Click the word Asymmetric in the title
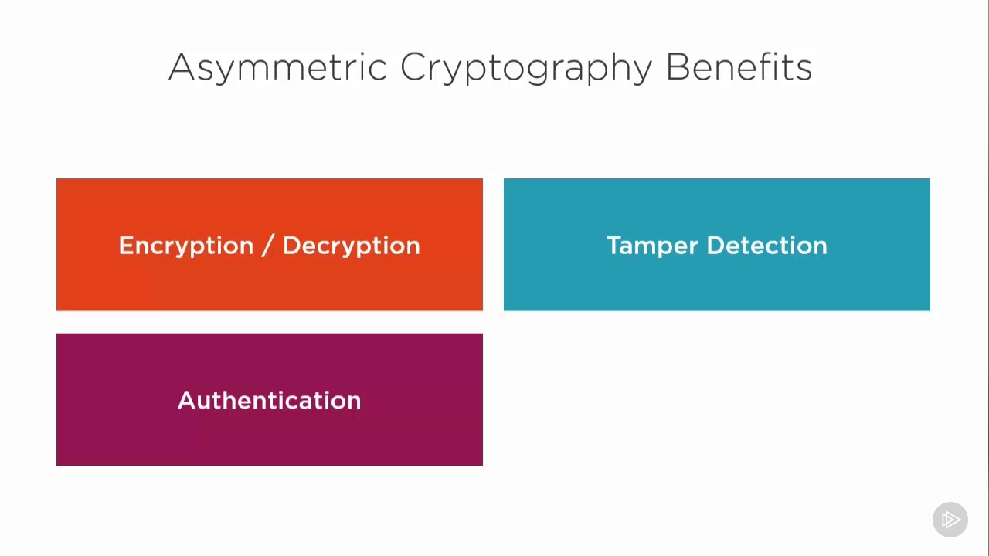(x=277, y=67)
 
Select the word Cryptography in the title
(x=526, y=68)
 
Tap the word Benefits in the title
(x=739, y=67)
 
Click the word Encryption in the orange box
(x=186, y=246)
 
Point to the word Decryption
(x=351, y=246)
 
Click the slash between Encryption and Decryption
(x=267, y=246)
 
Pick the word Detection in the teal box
(x=766, y=246)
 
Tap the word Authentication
(x=269, y=400)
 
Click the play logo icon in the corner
(x=950, y=520)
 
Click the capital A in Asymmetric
(x=180, y=67)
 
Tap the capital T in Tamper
(x=613, y=245)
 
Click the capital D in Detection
(x=716, y=245)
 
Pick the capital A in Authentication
(x=187, y=400)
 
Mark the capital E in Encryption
(x=125, y=245)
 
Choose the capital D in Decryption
(x=292, y=245)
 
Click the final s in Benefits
(x=804, y=69)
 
